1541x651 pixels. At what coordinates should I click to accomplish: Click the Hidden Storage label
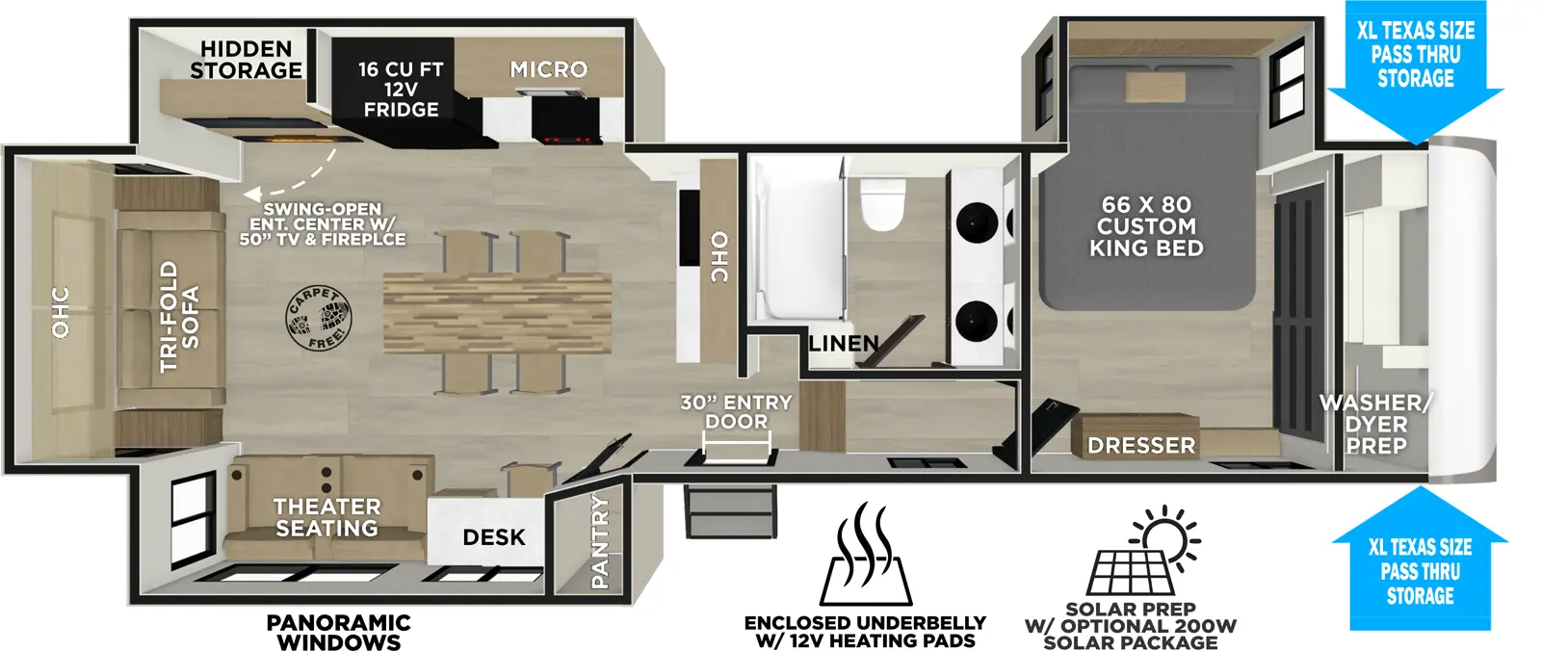click(246, 60)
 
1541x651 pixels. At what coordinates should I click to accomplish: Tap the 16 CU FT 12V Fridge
click(401, 90)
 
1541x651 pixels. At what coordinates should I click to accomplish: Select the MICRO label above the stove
click(548, 69)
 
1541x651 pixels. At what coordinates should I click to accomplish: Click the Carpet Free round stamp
click(319, 318)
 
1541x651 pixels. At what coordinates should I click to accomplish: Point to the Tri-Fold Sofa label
click(180, 316)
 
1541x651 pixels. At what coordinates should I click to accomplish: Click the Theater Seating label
click(326, 517)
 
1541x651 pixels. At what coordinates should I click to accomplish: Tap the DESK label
click(494, 537)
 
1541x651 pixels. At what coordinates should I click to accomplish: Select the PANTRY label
click(599, 541)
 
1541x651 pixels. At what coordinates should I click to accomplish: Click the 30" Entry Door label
click(736, 412)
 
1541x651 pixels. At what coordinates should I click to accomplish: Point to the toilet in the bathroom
click(882, 204)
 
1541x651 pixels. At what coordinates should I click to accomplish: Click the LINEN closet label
click(844, 344)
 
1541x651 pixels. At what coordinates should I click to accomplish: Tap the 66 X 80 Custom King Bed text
click(1146, 226)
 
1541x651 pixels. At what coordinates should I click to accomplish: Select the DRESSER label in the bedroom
click(1141, 446)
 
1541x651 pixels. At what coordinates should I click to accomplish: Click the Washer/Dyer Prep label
click(1376, 425)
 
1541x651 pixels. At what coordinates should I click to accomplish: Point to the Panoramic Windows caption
click(338, 633)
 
